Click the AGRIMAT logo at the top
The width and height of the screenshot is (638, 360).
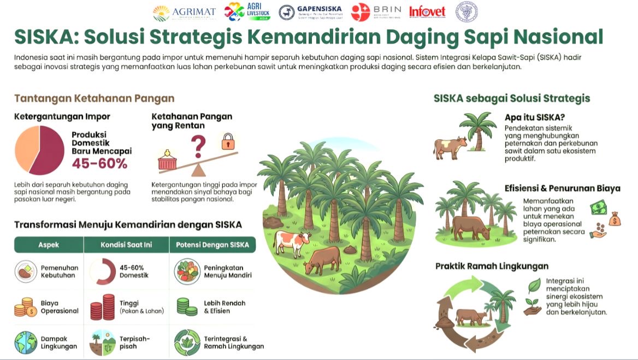point(185,12)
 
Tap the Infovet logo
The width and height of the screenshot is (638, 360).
point(427,11)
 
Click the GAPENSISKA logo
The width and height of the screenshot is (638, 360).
point(311,12)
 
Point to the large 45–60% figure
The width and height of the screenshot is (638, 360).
point(100,163)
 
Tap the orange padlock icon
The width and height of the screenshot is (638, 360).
point(228,142)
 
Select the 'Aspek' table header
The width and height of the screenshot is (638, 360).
point(49,245)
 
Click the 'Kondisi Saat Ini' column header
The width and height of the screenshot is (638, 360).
point(126,245)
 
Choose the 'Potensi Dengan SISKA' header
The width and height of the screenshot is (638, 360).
point(212,245)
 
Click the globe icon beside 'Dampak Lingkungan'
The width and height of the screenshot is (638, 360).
point(25,342)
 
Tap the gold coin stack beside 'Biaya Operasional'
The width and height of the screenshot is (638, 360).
point(25,308)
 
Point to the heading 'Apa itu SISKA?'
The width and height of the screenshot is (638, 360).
point(535,117)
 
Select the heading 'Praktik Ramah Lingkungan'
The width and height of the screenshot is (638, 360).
point(492,266)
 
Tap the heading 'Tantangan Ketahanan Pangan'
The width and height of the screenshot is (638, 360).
point(94,98)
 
